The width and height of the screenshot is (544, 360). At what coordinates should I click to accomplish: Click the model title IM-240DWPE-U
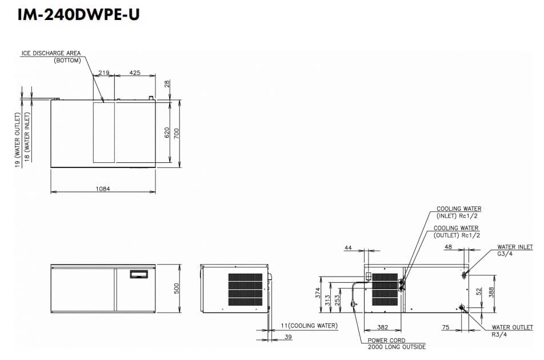(78, 14)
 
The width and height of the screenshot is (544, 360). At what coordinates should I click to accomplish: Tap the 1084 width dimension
(103, 189)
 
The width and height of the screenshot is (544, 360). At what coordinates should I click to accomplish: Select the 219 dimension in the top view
(104, 73)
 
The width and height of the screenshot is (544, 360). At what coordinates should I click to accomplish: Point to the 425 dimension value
(135, 73)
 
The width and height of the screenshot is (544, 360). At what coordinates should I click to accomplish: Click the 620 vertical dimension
(167, 133)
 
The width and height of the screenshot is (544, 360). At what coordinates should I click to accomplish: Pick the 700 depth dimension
(177, 133)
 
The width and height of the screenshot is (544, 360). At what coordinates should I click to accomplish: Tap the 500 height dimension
(177, 289)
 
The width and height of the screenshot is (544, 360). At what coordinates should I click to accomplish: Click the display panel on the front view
(139, 274)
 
